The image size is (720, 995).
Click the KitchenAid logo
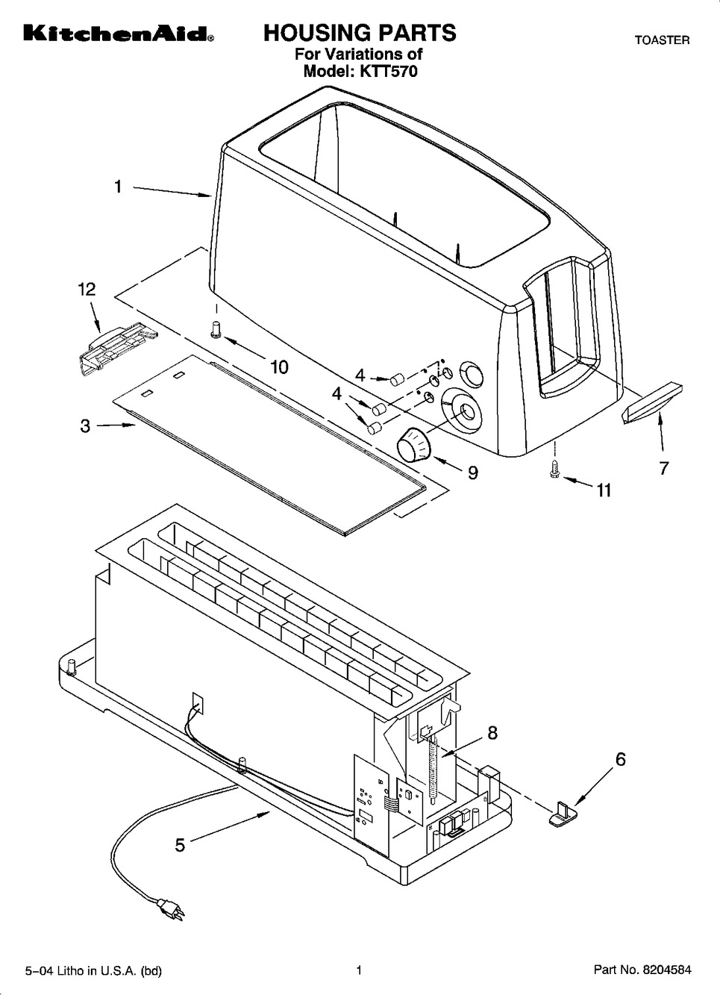click(119, 34)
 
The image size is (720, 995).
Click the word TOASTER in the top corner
click(662, 40)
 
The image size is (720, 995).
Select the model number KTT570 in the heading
click(389, 71)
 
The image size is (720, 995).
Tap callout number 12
click(87, 290)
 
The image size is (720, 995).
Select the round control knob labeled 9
click(414, 445)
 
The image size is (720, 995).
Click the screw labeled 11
click(554, 470)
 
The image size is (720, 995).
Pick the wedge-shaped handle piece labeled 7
click(652, 405)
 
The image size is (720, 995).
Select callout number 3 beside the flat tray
click(85, 426)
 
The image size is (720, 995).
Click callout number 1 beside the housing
click(118, 187)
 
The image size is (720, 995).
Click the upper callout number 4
click(360, 375)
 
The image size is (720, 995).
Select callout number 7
click(663, 468)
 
